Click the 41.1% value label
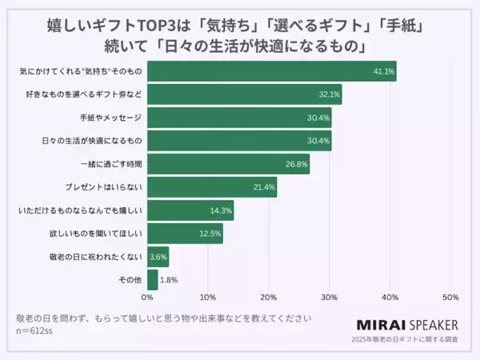pyautogui.click(x=384, y=71)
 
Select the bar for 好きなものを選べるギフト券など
pyautogui.click(x=245, y=94)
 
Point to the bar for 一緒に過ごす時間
pyautogui.click(x=229, y=164)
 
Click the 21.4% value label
pyautogui.click(x=265, y=187)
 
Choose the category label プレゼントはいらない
pyautogui.click(x=103, y=187)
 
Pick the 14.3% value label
pyautogui.click(x=222, y=210)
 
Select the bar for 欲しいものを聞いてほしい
pyautogui.click(x=185, y=234)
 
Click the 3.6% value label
pyautogui.click(x=158, y=257)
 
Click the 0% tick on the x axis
pyautogui.click(x=148, y=298)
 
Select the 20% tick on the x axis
pyautogui.click(x=269, y=298)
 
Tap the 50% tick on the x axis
pyautogui.click(x=450, y=298)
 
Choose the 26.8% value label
pyautogui.click(x=297, y=164)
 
